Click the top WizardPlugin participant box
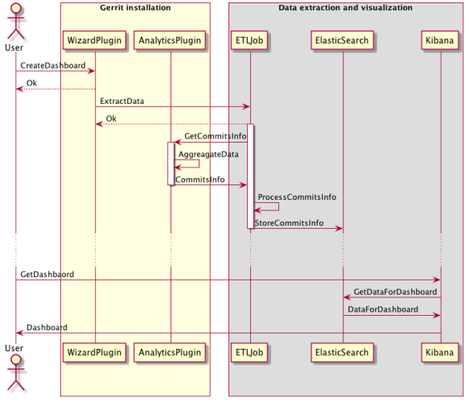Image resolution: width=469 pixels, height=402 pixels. tap(95, 39)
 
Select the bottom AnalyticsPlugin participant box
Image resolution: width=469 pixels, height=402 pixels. tap(171, 352)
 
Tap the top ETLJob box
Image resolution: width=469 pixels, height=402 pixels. tap(249, 39)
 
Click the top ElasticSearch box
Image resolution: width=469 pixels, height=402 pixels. tap(342, 39)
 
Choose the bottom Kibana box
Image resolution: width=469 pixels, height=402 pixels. tap(441, 352)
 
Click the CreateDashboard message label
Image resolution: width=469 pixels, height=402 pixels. tap(53, 65)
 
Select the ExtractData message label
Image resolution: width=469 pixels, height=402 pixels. tap(122, 101)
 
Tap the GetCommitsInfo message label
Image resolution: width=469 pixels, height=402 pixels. tap(215, 136)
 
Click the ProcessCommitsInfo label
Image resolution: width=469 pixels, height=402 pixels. tap(297, 197)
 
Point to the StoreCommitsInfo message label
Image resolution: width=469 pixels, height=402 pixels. tap(289, 222)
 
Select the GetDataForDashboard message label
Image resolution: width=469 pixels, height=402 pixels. tap(395, 291)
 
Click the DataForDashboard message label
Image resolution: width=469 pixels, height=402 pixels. tap(383, 309)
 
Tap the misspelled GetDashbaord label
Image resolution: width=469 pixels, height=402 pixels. tap(47, 274)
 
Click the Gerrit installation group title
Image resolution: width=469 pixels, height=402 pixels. tap(134, 8)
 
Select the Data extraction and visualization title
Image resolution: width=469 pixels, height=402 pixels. tap(345, 8)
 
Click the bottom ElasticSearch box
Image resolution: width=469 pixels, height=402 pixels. tap(342, 352)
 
